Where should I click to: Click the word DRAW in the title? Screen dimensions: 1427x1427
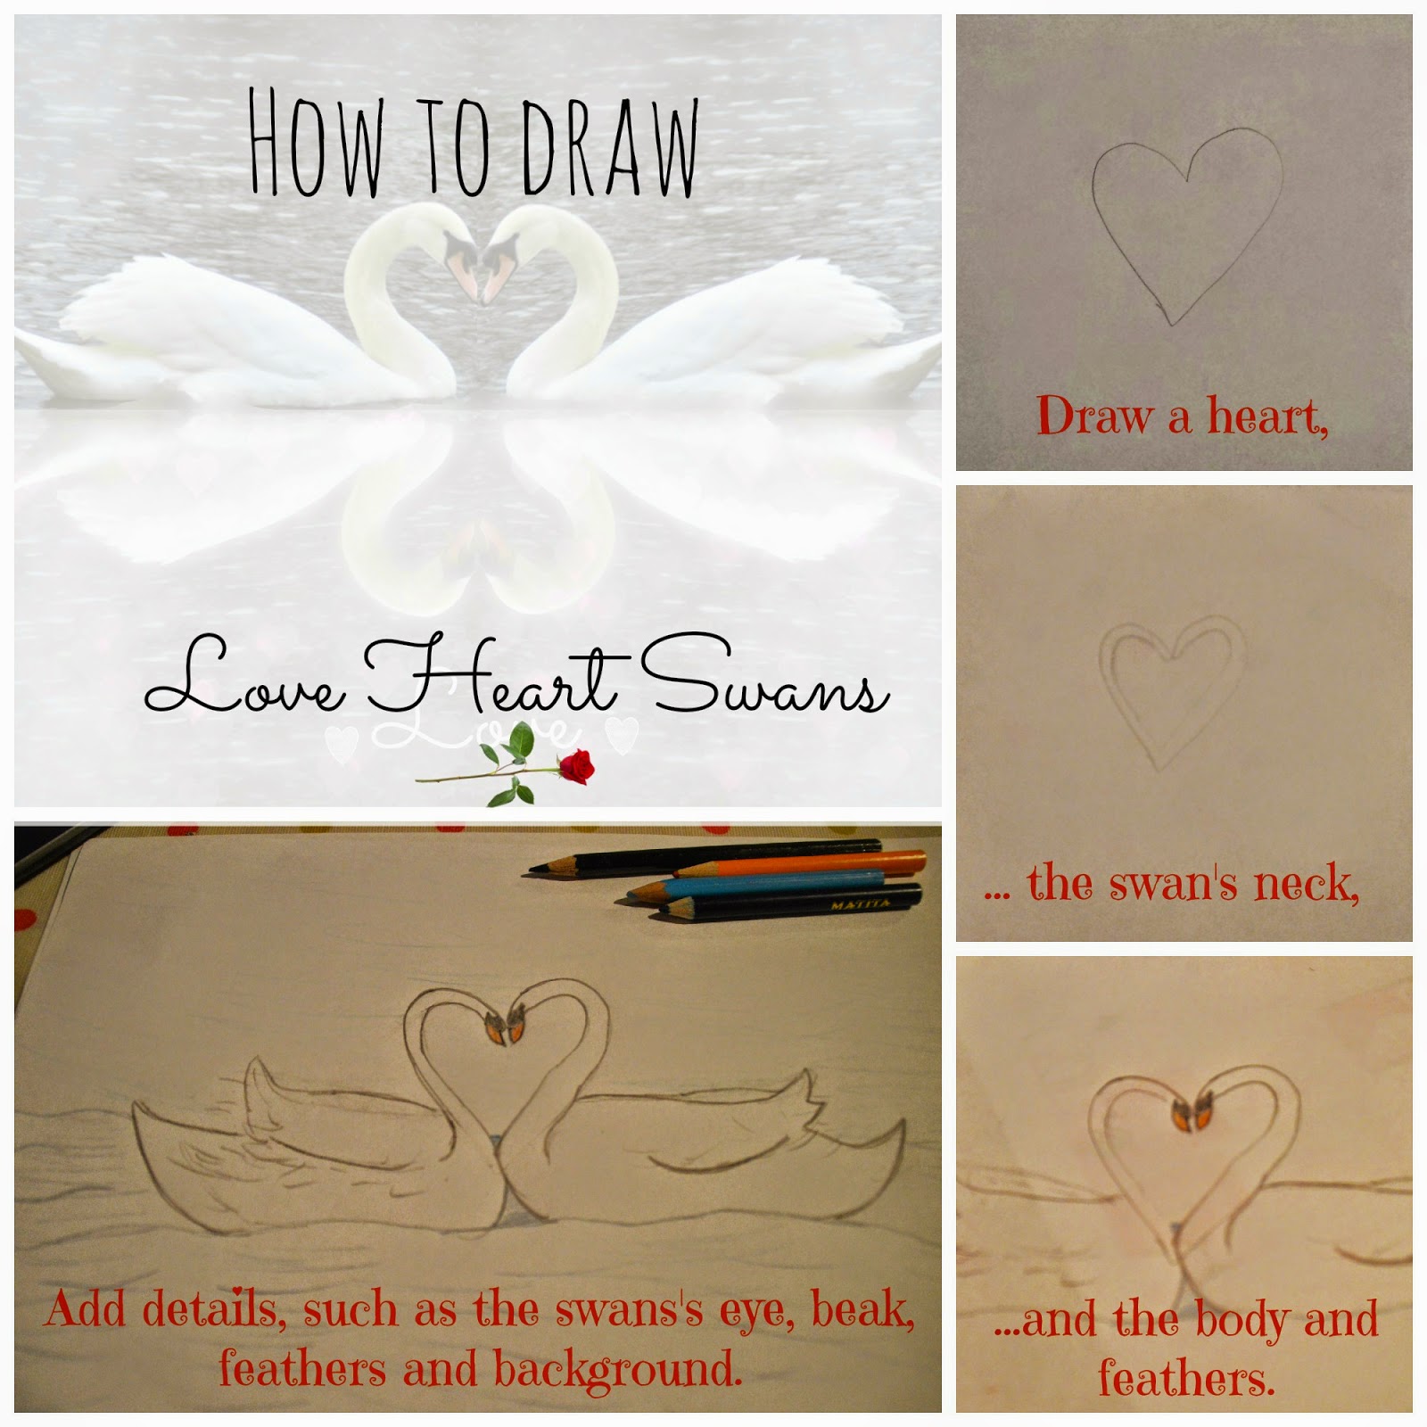610,147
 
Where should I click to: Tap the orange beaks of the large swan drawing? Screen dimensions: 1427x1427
506,1029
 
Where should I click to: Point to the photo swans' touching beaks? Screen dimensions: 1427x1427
475,268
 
